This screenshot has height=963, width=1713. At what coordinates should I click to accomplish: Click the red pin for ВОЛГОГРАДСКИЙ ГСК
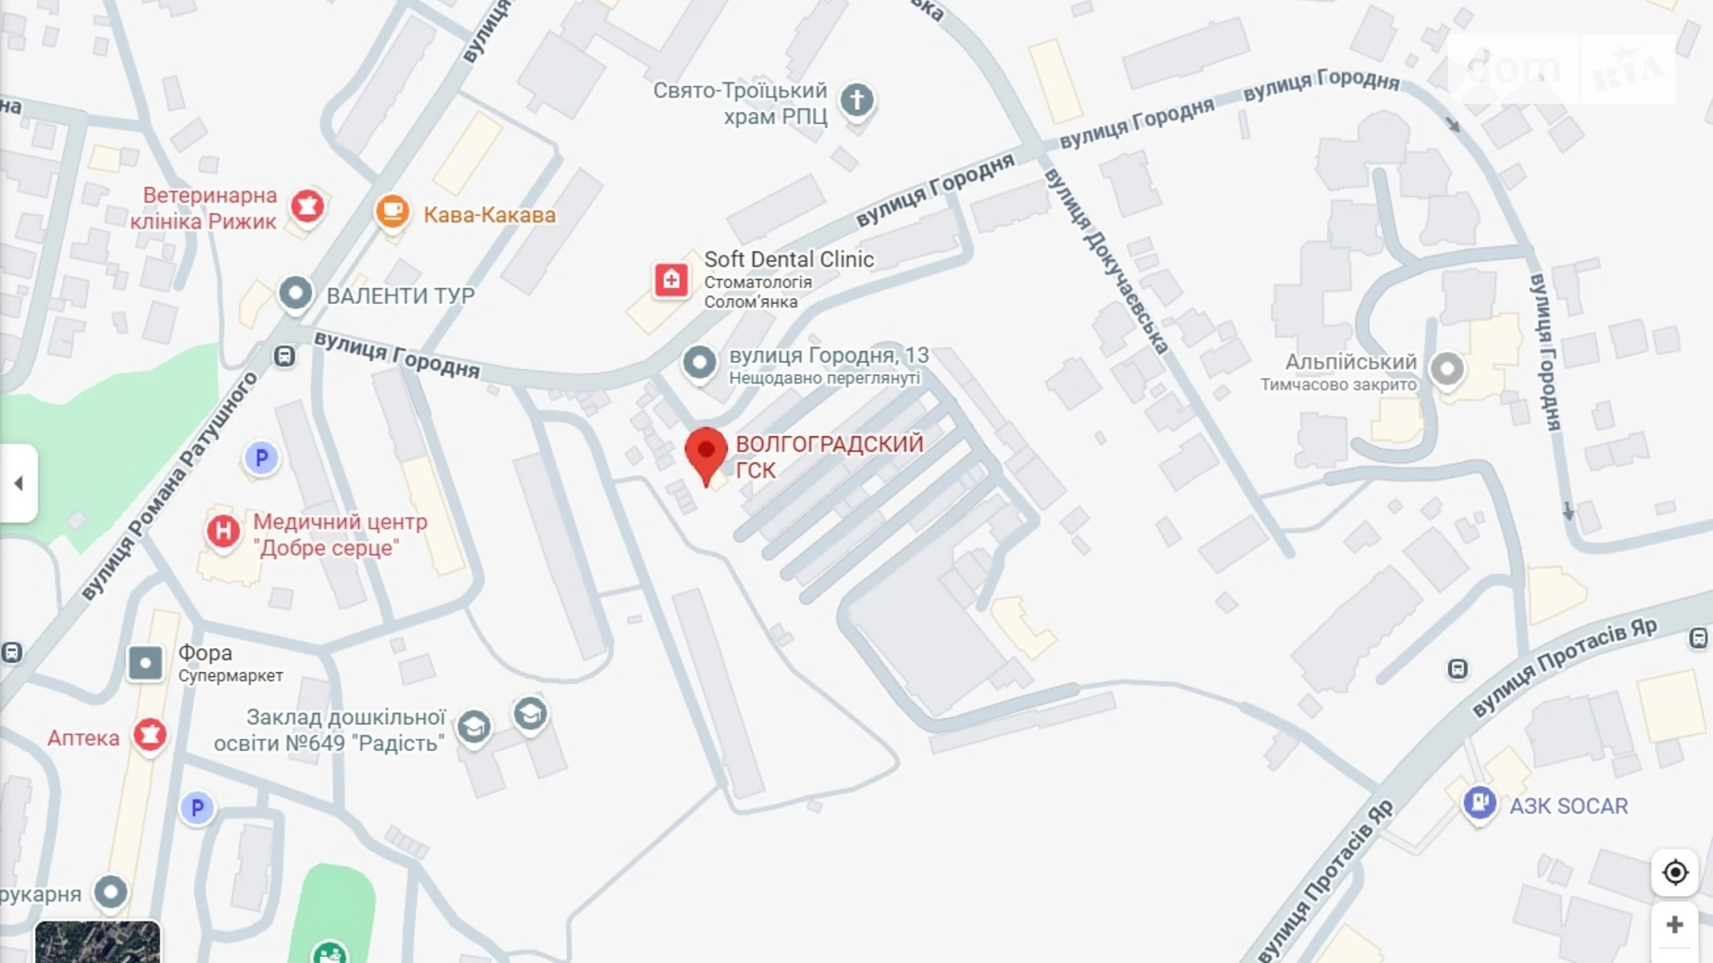pos(706,453)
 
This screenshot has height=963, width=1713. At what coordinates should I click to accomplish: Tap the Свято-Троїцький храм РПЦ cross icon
pos(856,100)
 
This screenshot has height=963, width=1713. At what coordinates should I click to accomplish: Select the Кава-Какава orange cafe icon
pos(393,211)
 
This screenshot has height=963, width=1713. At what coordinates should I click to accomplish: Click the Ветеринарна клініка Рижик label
pos(205,208)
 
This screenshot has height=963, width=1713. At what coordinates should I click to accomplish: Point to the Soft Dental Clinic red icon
pos(671,279)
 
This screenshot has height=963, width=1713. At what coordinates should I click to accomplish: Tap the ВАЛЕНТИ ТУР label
pos(400,295)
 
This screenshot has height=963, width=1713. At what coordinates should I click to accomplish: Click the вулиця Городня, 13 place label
pos(828,356)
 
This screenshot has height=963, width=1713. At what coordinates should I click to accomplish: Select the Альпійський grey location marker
pos(1446,369)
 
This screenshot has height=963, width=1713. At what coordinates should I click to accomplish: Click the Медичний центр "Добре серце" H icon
pos(223,532)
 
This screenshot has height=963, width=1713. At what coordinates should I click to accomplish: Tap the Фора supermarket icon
pos(145,663)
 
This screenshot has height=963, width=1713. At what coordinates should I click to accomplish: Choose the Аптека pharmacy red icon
pos(150,735)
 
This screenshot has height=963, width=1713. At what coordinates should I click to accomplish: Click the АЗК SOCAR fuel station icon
pos(1479,802)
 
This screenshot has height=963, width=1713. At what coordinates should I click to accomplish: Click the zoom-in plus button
pos(1674,925)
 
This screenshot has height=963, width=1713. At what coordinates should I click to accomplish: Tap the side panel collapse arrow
pos(19,482)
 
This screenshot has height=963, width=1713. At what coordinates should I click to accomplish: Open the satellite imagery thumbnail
pos(97,942)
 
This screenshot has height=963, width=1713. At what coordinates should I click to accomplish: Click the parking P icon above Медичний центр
pos(261,457)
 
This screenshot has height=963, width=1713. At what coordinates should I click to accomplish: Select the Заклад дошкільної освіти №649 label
pos(331,730)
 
